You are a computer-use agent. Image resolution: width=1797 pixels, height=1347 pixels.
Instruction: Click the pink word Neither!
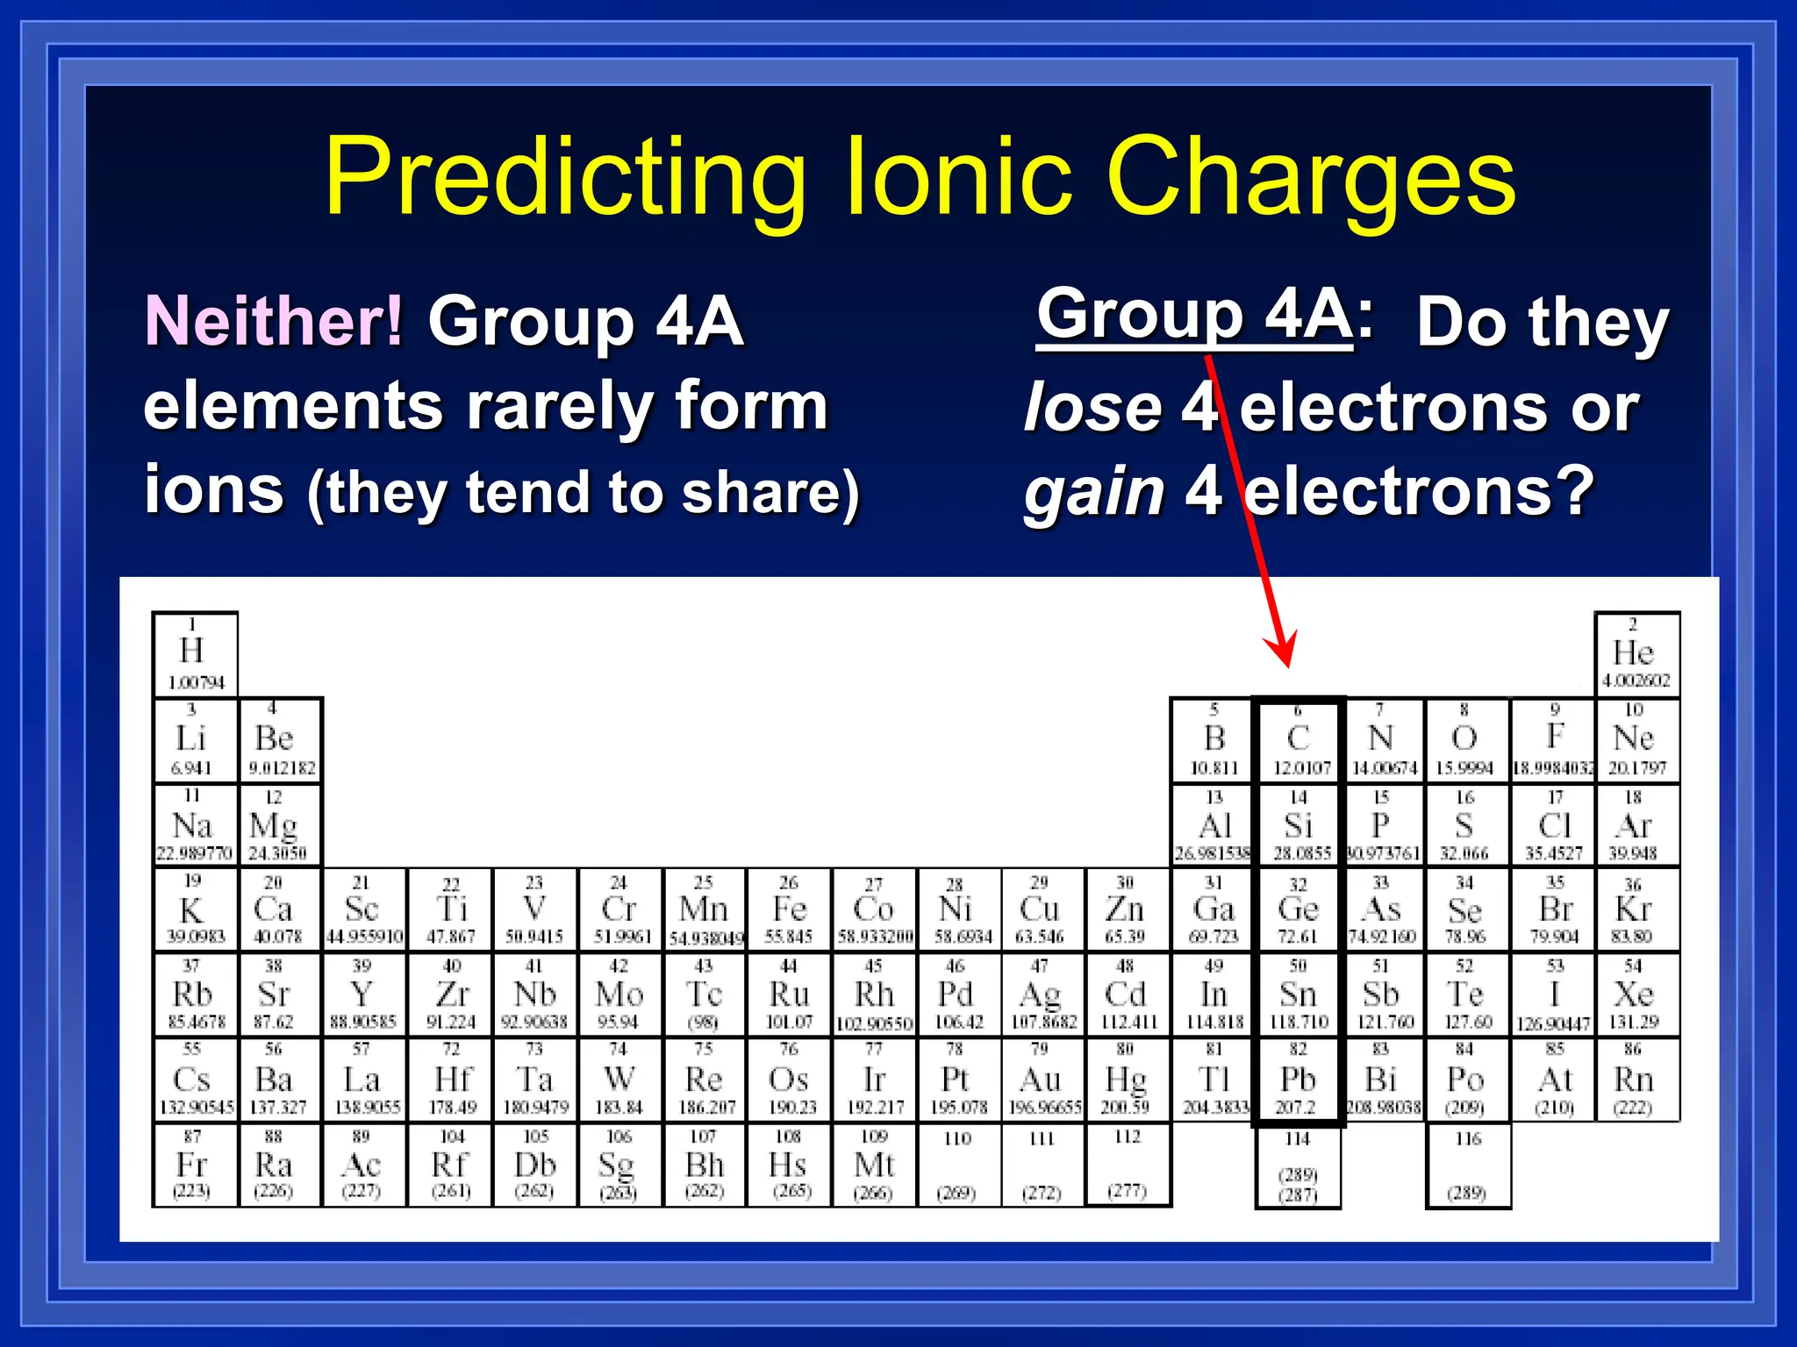pyautogui.click(x=274, y=321)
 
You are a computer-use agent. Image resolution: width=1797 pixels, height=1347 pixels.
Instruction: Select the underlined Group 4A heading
pyautogui.click(x=1194, y=315)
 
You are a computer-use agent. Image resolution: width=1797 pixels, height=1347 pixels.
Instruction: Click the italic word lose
pyautogui.click(x=1092, y=409)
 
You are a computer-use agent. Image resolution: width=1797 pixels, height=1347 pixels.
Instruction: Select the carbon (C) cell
pyautogui.click(x=1299, y=740)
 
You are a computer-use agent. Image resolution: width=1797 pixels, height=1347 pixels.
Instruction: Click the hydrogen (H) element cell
pyautogui.click(x=194, y=654)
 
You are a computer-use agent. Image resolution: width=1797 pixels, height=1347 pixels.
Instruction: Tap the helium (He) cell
pyautogui.click(x=1636, y=654)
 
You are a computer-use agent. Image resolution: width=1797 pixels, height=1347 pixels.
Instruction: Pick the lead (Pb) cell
pyautogui.click(x=1299, y=1080)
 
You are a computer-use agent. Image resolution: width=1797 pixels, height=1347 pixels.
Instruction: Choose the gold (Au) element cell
pyautogui.click(x=1042, y=1080)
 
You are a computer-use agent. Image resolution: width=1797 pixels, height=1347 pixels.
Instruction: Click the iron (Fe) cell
pyautogui.click(x=789, y=910)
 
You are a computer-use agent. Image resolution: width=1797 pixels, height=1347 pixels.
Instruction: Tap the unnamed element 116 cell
pyautogui.click(x=1468, y=1165)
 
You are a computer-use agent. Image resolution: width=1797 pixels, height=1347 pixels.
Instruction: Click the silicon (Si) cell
pyautogui.click(x=1299, y=825)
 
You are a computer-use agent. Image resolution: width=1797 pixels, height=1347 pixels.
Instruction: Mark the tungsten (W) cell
pyautogui.click(x=619, y=1080)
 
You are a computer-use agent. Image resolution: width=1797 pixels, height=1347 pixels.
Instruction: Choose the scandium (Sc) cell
pyautogui.click(x=363, y=910)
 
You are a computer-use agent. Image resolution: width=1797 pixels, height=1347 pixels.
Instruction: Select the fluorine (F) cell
pyautogui.click(x=1554, y=740)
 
